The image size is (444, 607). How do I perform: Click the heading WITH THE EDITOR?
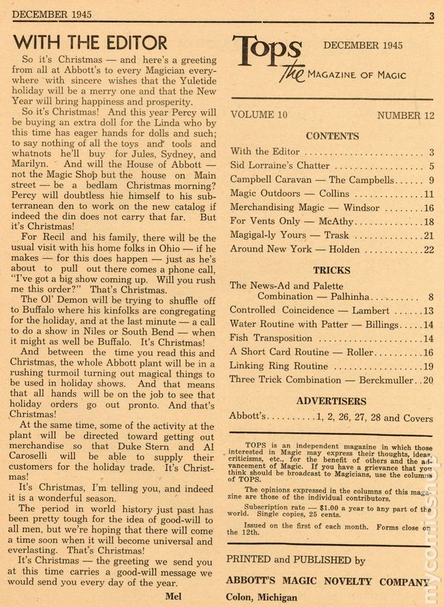[90, 41]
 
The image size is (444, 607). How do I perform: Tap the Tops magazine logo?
[266, 55]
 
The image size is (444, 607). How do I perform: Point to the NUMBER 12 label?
[405, 115]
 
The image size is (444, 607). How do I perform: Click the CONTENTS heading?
[332, 135]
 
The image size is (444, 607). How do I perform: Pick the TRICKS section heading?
[332, 270]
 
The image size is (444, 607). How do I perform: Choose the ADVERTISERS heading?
[332, 400]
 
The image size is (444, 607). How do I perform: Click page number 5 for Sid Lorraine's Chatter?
[429, 167]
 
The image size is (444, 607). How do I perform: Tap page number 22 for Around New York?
[427, 249]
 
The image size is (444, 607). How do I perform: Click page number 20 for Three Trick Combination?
[427, 380]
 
